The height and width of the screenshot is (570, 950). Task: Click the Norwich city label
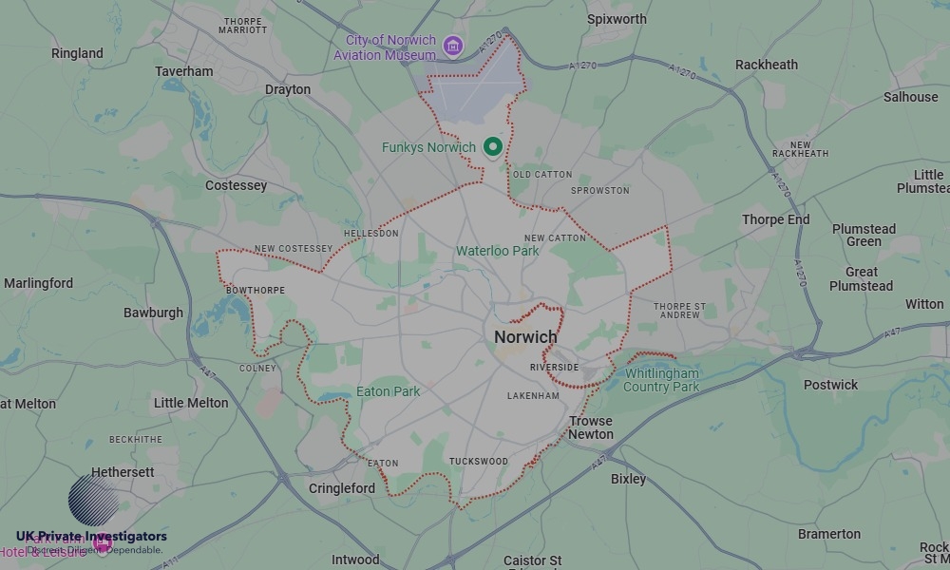coord(525,337)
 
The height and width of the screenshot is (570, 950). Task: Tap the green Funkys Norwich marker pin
coord(492,147)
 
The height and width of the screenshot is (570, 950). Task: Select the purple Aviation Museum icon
coord(453,47)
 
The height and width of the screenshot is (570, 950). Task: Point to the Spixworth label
coord(617,19)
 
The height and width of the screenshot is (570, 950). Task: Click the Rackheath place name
coord(767,65)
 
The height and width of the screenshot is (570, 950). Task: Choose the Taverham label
coord(184,71)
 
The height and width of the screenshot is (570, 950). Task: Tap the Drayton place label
coord(288,89)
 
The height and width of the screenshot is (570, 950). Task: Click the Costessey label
coord(237,185)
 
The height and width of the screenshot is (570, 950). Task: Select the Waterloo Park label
coord(497,251)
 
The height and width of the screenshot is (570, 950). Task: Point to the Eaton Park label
coord(388,391)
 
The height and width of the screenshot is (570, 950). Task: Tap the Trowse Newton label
coord(591,427)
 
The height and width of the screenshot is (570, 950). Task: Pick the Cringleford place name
coord(342,488)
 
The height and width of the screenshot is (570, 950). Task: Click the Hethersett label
coord(123,472)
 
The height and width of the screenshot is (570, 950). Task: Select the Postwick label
coord(830,385)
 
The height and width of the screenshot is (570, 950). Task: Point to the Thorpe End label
coord(776,219)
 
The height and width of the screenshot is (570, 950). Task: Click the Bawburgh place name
coord(153,313)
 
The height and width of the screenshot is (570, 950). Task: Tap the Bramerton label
coord(829,534)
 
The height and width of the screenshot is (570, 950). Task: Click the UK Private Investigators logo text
coord(91,537)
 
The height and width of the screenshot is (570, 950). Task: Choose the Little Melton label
coord(191,403)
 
